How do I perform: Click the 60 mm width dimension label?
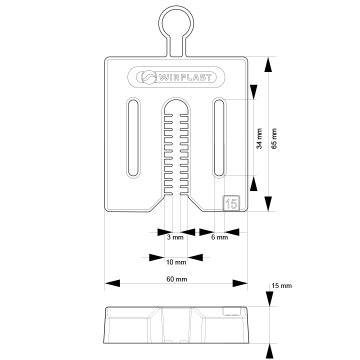click(177, 279)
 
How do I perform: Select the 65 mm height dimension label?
click(274, 138)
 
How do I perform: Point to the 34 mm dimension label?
click(260, 138)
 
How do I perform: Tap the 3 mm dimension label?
click(175, 238)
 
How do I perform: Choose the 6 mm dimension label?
click(219, 238)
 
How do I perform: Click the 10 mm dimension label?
click(176, 262)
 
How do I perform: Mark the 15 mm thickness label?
click(282, 286)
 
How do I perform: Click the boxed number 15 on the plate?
click(231, 203)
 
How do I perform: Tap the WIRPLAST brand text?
click(184, 77)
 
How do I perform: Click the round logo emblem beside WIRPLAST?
click(148, 77)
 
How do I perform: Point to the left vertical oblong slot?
click(133, 137)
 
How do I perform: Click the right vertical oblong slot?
click(219, 137)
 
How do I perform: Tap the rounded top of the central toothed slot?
click(177, 99)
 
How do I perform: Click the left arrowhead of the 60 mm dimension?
click(112, 283)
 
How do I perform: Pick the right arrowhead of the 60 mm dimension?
click(240, 283)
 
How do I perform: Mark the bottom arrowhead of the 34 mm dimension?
click(254, 183)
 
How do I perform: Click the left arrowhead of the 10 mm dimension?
click(156, 257)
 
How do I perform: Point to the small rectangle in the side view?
click(231, 311)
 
